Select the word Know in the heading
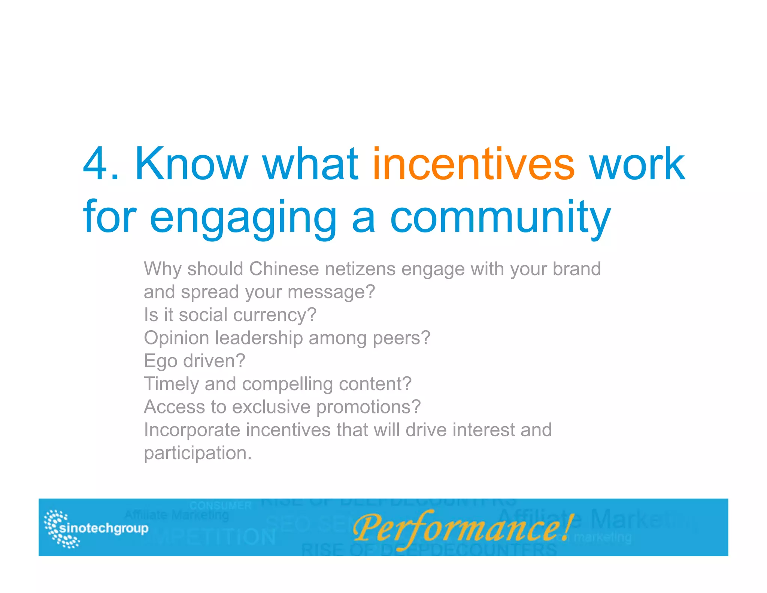coord(191,164)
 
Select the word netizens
coord(360,269)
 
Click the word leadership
coord(259,338)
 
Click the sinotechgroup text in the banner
coord(104,529)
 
